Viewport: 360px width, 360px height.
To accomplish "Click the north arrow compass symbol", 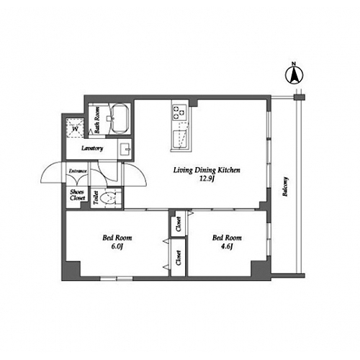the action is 294,75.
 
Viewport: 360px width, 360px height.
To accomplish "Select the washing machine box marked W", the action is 75,128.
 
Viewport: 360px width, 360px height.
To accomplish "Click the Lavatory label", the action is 92,148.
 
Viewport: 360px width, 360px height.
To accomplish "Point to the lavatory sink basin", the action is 125,149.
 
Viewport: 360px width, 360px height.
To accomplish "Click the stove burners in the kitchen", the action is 179,112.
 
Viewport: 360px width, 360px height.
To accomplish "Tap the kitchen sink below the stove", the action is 180,138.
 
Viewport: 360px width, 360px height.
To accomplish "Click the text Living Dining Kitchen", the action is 207,170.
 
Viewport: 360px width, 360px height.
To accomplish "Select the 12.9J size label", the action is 207,179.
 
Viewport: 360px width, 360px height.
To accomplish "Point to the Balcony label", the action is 285,186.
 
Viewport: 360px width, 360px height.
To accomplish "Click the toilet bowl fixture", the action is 107,198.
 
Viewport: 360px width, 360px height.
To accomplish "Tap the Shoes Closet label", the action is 77,195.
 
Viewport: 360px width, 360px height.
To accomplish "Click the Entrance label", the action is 78,171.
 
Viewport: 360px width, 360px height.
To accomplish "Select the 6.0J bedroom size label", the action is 117,246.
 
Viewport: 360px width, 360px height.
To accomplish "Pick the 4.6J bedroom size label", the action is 227,246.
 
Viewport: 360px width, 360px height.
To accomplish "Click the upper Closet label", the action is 179,224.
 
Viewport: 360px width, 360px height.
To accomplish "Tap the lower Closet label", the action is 179,258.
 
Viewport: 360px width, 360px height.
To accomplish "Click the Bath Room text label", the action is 96,120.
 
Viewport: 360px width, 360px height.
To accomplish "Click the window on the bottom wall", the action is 117,279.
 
